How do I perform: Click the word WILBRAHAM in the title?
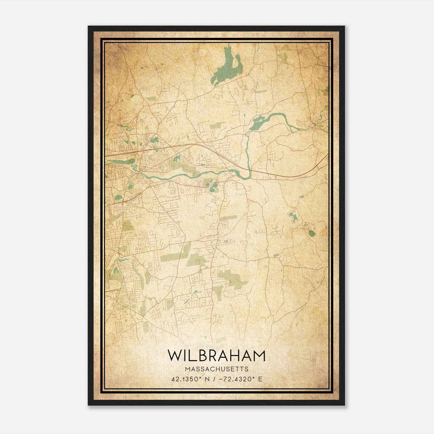click(216, 356)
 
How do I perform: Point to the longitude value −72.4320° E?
click(238, 379)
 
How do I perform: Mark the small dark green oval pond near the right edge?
click(312, 233)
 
